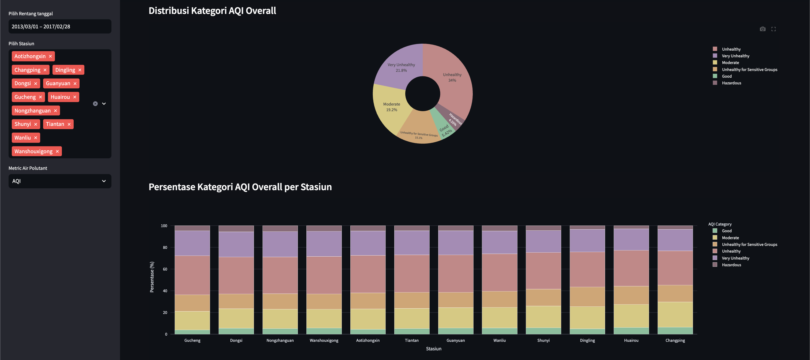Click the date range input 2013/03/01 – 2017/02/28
(x=60, y=27)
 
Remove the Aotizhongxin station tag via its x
(x=50, y=56)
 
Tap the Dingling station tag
(x=68, y=70)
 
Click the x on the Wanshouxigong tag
(x=57, y=151)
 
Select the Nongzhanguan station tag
(x=36, y=110)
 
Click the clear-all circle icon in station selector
(x=95, y=103)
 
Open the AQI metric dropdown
(x=60, y=181)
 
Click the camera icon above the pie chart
(x=763, y=29)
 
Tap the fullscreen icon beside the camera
(x=774, y=29)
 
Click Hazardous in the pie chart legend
(x=732, y=83)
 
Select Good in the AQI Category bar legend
(x=727, y=231)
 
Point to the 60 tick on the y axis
(x=165, y=269)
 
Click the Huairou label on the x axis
(x=631, y=340)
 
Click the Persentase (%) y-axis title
(x=152, y=277)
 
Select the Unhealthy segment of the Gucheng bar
(x=192, y=275)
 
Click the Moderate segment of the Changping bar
(x=675, y=315)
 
